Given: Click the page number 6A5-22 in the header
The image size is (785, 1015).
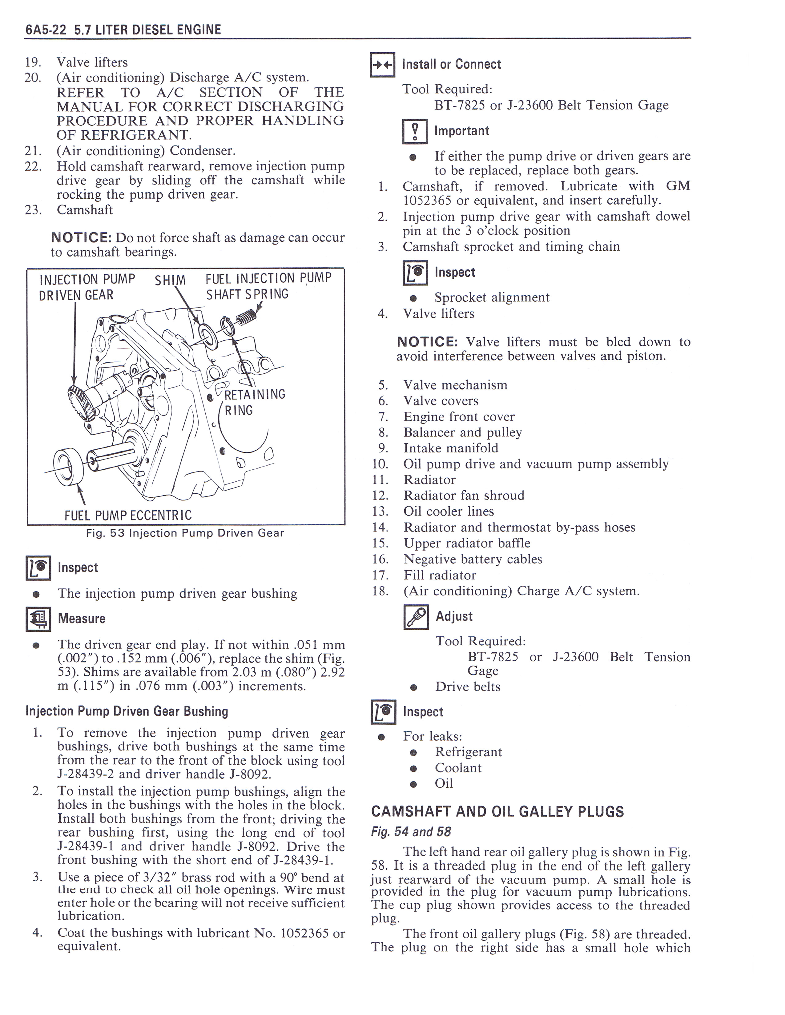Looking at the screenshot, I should point(46,30).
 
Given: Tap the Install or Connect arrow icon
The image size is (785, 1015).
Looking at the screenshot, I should point(382,65).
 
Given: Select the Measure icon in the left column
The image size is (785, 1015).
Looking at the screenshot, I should point(38,619).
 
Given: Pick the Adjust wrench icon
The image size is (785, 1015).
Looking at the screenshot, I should point(416,617).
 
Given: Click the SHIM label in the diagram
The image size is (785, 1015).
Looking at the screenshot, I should point(170,280).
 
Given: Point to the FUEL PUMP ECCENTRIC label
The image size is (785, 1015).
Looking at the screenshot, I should point(128,515).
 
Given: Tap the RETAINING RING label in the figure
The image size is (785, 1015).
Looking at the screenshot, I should point(254,403).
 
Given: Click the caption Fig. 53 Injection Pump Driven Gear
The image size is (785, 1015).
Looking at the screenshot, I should point(185,533).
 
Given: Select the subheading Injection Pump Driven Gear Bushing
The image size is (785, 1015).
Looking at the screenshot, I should point(127,711).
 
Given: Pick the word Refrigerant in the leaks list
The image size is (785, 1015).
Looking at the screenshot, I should point(468,752).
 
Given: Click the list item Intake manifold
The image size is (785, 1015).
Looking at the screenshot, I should point(451,448).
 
